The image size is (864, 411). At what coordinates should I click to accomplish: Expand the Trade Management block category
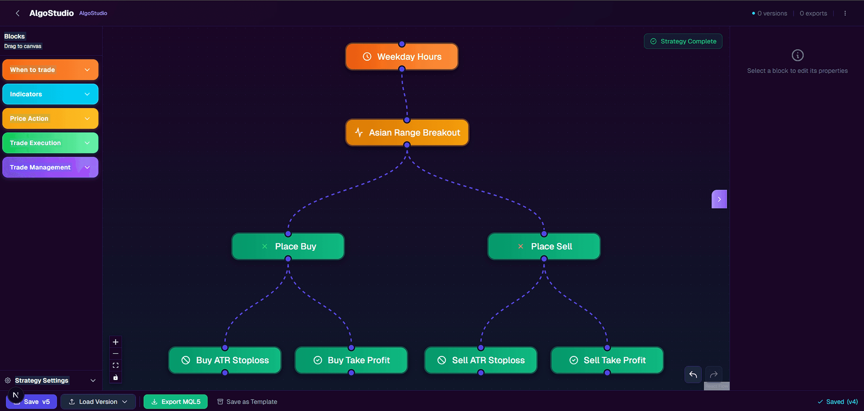pos(50,167)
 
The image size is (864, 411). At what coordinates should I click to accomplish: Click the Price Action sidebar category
pos(50,119)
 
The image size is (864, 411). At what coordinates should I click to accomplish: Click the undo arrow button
pos(693,374)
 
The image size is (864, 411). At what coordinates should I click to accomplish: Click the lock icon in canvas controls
pos(115,377)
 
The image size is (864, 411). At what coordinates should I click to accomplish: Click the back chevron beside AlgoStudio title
pos(17,13)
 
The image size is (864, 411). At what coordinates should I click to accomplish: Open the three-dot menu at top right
pos(845,13)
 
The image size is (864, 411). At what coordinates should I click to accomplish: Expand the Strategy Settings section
pos(50,381)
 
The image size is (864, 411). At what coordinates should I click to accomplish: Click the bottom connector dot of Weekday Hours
pos(402,69)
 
